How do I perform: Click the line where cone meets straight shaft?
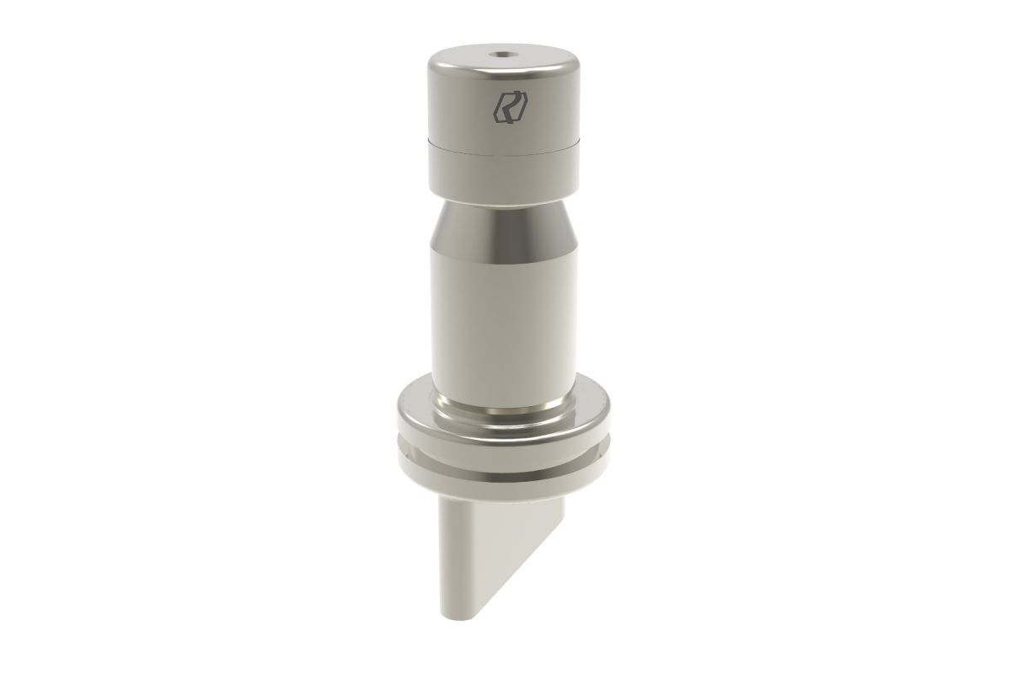pos(503,250)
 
